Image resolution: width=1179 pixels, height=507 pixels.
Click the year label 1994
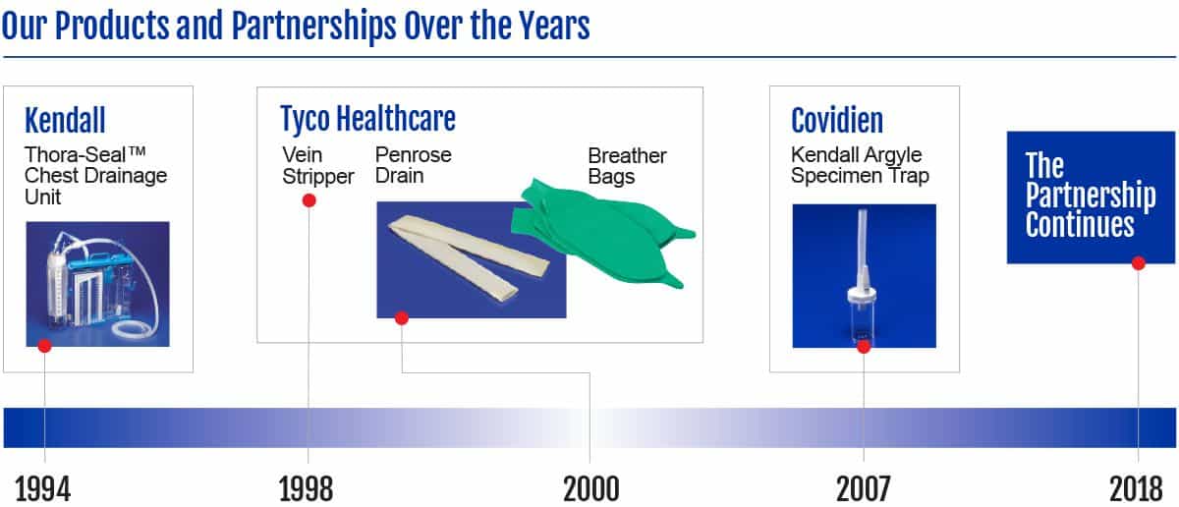[x=42, y=488]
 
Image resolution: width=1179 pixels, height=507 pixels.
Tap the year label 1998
[x=306, y=488]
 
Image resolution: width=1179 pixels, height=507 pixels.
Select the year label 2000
[x=591, y=488]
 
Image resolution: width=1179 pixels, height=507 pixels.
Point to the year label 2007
[x=864, y=488]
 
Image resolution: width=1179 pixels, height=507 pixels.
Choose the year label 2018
[x=1136, y=488]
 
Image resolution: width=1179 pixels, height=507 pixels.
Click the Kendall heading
[x=65, y=120]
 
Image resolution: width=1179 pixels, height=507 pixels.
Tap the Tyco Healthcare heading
[x=367, y=119]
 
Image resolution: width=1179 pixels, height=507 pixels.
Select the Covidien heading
[x=837, y=120]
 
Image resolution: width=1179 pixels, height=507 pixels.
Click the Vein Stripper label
[x=318, y=165]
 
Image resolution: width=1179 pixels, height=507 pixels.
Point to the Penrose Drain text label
[x=414, y=165]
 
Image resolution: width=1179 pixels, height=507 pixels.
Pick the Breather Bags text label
[x=627, y=166]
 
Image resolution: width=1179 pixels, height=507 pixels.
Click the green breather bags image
[x=603, y=232]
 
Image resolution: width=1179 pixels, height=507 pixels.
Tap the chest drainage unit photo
[x=98, y=284]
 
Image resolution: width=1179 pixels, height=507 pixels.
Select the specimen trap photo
[x=865, y=276]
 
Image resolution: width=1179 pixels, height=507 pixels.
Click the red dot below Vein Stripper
[x=309, y=200]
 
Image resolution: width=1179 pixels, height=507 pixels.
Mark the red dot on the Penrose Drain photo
[x=402, y=318]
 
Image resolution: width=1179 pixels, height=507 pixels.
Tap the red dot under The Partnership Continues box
[x=1138, y=263]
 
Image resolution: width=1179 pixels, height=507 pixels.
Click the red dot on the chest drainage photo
[x=45, y=346]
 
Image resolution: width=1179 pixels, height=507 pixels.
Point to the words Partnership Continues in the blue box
[x=1091, y=209]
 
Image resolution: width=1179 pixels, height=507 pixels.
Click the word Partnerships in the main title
[x=313, y=27]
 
